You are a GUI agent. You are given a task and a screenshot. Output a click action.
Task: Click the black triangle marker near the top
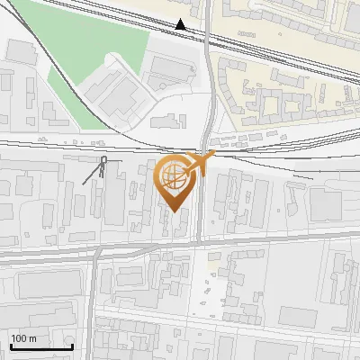pos(181,24)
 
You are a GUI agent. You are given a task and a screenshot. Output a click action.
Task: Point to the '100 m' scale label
pos(23,338)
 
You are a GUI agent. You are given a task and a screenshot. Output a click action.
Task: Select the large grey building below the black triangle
pos(171,67)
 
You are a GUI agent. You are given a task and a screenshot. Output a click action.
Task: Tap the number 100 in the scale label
pos(18,338)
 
